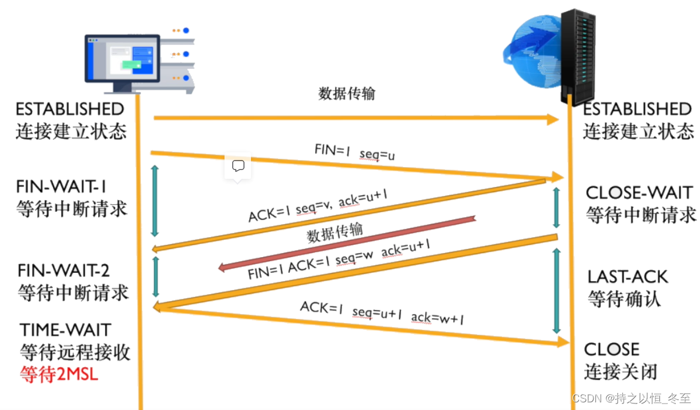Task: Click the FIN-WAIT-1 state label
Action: (x=62, y=186)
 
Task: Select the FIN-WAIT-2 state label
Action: (x=63, y=271)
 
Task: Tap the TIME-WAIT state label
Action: (x=65, y=329)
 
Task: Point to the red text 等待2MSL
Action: (x=59, y=374)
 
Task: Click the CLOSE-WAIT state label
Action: (x=639, y=192)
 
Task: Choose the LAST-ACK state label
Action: (x=628, y=276)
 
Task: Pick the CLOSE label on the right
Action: (x=611, y=349)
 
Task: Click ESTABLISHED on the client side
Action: (x=69, y=109)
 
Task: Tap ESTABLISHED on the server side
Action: (x=637, y=109)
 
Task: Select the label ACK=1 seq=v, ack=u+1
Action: (x=317, y=206)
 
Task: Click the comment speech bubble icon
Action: (x=238, y=166)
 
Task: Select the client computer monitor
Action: (x=122, y=62)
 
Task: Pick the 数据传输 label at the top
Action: (x=347, y=94)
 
